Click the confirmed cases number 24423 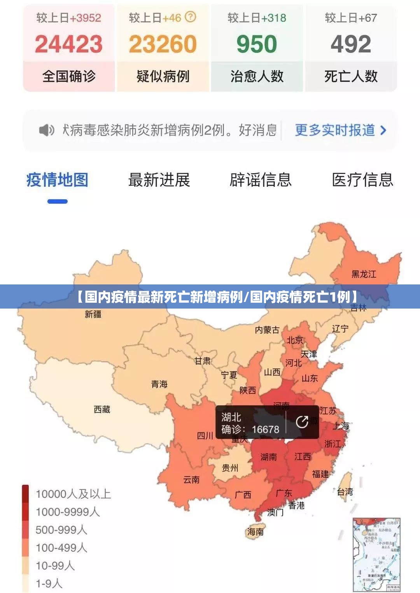[69, 44]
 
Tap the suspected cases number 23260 [163, 44]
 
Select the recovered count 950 [257, 44]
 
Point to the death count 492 [351, 44]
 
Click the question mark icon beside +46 [190, 17]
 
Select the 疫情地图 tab [57, 180]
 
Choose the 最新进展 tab [159, 180]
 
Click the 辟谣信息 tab [261, 180]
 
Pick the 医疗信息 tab [362, 180]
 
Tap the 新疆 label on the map [93, 314]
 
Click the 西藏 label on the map [102, 409]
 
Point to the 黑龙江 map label [364, 274]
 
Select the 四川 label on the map [205, 436]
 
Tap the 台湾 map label [345, 492]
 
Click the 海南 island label [255, 532]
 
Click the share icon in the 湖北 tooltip [302, 422]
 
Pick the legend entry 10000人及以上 [73, 494]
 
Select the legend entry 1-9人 [49, 583]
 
